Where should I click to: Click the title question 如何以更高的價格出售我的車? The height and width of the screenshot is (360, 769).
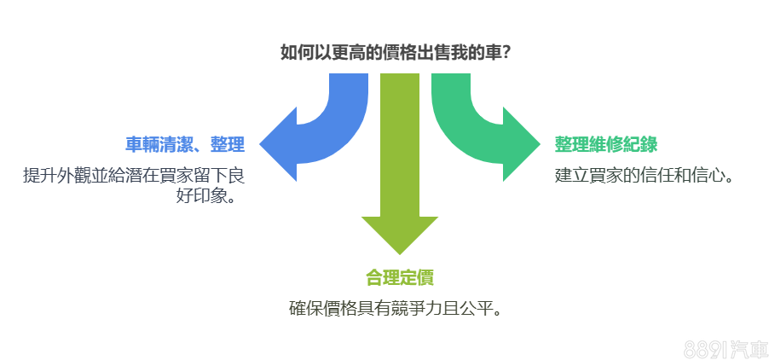coord(396,52)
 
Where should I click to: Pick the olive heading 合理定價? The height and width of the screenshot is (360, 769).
coord(399,277)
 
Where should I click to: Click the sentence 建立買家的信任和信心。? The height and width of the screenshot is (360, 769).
coord(645,176)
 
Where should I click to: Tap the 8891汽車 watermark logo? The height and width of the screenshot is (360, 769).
coord(725,348)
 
